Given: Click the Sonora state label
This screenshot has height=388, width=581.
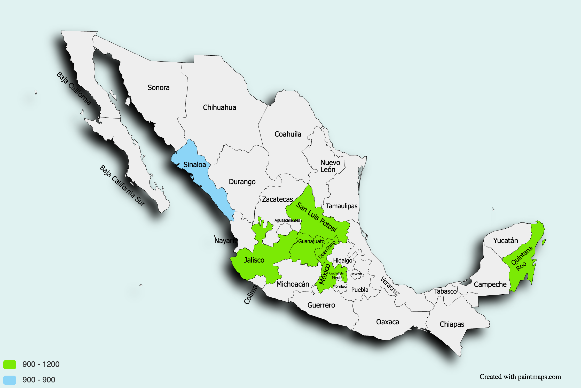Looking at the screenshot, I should click(x=159, y=88).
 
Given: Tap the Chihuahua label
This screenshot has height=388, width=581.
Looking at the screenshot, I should click(x=219, y=108).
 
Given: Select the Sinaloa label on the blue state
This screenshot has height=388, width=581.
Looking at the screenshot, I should click(x=194, y=165).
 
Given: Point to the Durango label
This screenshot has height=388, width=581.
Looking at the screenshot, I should click(x=242, y=182).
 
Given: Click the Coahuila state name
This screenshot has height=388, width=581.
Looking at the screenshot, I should click(x=288, y=134).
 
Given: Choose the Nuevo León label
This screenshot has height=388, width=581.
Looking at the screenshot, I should click(x=330, y=166).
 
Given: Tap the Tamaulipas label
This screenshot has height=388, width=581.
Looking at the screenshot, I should click(x=341, y=206).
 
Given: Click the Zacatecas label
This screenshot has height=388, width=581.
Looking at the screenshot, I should click(x=277, y=199).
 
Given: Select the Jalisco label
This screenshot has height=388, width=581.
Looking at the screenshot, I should click(x=254, y=260).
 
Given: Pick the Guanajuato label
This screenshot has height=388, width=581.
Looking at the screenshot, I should click(x=311, y=242).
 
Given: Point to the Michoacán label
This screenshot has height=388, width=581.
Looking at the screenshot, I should click(x=293, y=284).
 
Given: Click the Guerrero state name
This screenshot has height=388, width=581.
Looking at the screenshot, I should click(x=321, y=305).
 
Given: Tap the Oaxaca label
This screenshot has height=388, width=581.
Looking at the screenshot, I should click(x=387, y=322).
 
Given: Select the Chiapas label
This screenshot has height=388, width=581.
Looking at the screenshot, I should click(x=452, y=324).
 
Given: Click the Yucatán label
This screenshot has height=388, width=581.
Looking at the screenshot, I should click(x=505, y=241).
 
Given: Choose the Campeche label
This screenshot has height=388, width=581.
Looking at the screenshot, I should click(x=490, y=285).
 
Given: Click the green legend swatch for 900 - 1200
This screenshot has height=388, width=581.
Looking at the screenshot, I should click(x=10, y=364).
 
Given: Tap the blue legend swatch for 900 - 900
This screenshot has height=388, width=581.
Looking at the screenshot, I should click(x=10, y=380).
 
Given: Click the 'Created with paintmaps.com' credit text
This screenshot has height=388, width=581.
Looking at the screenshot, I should click(x=520, y=377).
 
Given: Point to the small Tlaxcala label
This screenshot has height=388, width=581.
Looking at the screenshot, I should click(x=356, y=274).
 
